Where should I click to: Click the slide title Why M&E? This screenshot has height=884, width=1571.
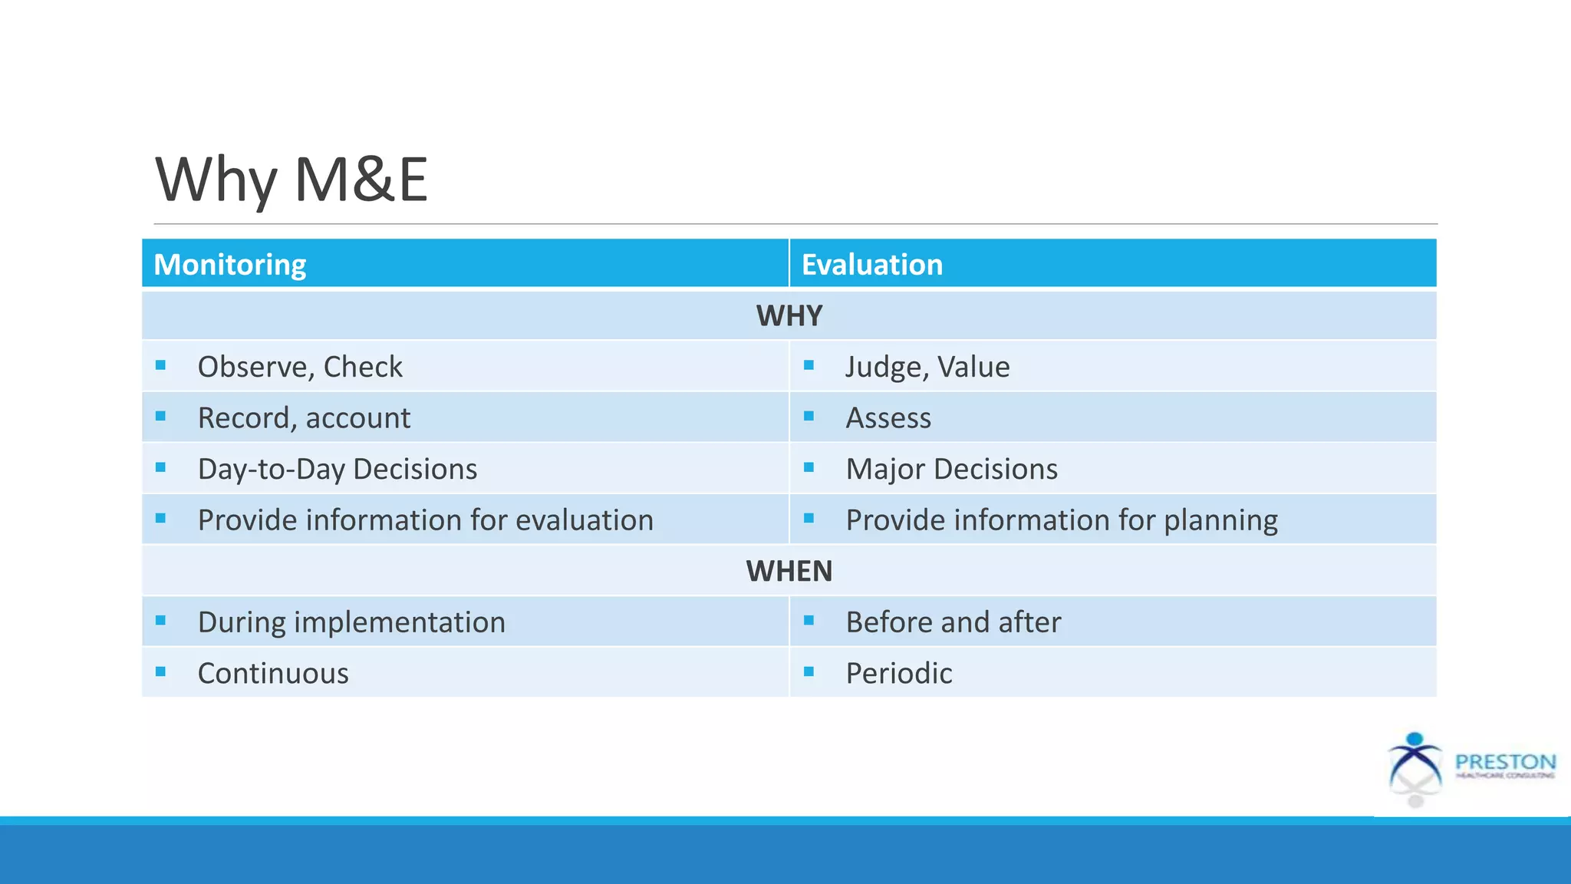[291, 180]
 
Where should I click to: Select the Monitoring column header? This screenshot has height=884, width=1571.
[229, 265]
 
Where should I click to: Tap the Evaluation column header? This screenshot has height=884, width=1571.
[871, 265]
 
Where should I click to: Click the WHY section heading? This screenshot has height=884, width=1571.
[789, 316]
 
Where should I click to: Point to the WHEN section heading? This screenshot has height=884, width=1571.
[789, 572]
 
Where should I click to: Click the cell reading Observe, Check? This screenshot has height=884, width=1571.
[299, 367]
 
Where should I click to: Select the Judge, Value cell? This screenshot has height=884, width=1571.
[927, 367]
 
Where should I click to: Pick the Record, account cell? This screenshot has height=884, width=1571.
[304, 418]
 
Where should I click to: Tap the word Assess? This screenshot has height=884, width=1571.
[888, 418]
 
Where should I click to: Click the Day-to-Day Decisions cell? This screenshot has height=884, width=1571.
[337, 469]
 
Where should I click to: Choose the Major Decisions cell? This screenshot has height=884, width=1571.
[951, 469]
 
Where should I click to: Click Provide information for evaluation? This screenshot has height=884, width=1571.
[425, 520]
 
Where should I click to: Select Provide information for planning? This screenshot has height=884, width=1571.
[1061, 520]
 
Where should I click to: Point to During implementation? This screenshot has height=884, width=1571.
[351, 622]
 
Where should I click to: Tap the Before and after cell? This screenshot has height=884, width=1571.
[953, 622]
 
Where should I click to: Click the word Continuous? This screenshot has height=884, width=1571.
[272, 674]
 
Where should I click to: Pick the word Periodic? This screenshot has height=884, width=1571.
[898, 674]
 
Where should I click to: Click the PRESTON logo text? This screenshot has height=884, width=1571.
[1505, 762]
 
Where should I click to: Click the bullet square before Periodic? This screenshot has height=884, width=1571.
[809, 672]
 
